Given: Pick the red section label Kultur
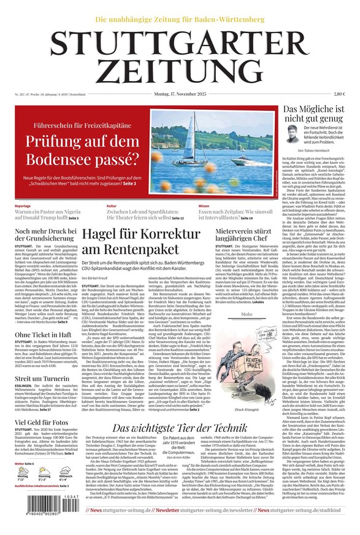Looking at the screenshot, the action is point(112,206).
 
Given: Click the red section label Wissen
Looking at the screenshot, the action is point(204,206).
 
